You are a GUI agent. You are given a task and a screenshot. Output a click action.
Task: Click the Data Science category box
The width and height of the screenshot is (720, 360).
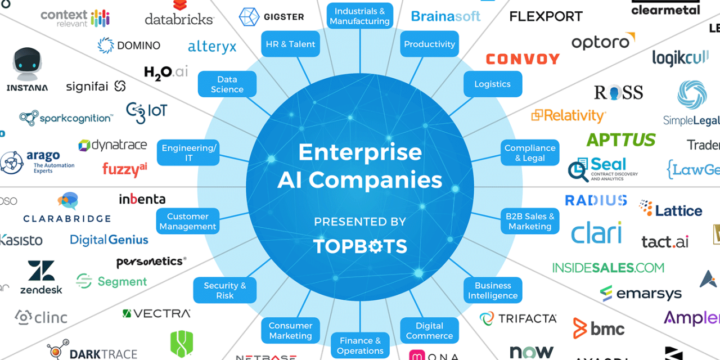point(227,84)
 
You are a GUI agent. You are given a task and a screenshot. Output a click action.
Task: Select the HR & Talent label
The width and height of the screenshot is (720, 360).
point(290,44)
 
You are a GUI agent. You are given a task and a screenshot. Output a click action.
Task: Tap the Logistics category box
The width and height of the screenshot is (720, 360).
point(492,84)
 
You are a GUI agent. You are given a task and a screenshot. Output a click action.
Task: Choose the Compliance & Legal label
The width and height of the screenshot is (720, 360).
point(530,152)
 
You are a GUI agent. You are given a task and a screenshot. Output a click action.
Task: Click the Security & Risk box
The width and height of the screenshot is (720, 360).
point(224,290)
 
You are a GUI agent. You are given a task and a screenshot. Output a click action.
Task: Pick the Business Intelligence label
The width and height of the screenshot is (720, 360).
point(493,290)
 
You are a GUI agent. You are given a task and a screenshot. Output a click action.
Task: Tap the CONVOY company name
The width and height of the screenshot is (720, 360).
point(523,59)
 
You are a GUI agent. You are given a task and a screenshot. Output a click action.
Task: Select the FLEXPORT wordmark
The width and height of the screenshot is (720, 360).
point(546,16)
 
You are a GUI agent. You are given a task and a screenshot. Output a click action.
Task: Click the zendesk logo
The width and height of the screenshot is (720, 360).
point(41,277)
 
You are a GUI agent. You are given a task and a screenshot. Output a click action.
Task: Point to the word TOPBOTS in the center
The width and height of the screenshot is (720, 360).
point(360,246)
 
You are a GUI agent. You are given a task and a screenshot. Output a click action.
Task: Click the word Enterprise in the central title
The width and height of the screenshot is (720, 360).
point(360,152)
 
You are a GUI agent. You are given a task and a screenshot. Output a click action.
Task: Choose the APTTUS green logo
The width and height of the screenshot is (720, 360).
point(621,139)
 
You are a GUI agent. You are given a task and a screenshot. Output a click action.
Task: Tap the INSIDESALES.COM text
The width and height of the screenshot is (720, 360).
point(608,268)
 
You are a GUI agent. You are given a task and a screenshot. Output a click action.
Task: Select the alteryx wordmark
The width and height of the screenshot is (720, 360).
point(212,47)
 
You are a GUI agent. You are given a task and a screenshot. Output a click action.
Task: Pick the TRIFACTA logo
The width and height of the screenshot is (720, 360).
point(518,318)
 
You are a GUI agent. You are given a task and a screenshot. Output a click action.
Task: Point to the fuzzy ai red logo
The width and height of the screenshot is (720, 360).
point(125,169)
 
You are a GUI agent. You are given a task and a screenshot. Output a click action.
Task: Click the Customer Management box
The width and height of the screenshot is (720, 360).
point(188,221)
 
